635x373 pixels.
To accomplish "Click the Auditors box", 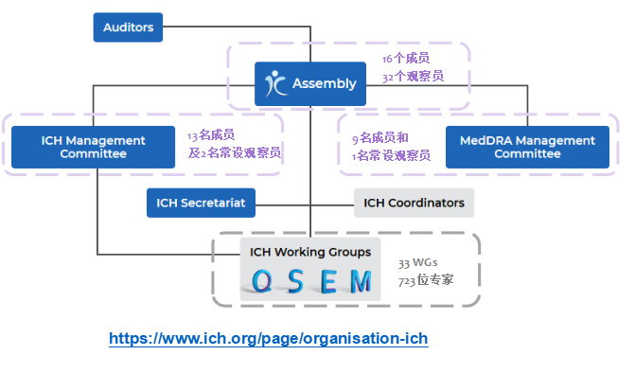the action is (128, 27).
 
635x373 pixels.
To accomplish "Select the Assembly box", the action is (310, 84).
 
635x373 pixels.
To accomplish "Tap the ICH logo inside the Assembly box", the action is (275, 83).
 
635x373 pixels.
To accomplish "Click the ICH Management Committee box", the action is (93, 147).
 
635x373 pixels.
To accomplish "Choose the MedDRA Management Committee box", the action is (527, 147).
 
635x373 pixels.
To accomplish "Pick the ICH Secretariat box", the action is (201, 203).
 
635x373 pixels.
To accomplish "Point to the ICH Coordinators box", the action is (414, 203).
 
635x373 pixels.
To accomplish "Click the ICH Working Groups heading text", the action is (310, 252).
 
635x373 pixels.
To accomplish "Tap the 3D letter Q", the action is (261, 281).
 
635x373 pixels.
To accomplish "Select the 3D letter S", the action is (296, 281).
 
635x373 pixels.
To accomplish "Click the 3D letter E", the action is (328, 281).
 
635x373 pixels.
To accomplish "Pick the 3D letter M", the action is (361, 281).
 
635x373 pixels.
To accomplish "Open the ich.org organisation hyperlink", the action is (269, 339).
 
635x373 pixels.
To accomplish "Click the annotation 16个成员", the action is (406, 59).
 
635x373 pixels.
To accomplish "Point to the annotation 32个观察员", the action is (413, 76).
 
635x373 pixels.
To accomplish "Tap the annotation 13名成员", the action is (211, 134).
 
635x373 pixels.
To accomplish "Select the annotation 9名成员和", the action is (380, 138).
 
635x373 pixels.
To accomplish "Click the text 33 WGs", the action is (417, 263).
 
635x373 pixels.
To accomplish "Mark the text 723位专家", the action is (426, 280).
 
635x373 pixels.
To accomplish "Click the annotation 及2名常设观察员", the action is (234, 152).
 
